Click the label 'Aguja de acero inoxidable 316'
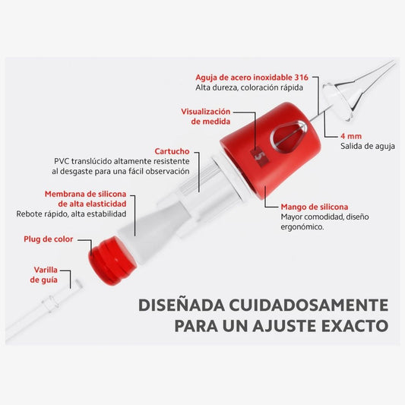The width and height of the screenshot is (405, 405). [252, 78]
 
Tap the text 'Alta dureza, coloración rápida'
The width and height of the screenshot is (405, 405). [249, 88]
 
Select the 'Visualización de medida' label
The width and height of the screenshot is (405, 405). [206, 116]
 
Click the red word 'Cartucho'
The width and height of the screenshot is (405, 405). [172, 151]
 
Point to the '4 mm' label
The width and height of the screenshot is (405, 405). [351, 136]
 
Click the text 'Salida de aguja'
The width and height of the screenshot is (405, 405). [368, 146]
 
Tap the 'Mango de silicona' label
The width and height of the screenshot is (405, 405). [315, 207]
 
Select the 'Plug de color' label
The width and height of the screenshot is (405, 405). [49, 239]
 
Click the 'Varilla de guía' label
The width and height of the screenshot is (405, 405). [44, 275]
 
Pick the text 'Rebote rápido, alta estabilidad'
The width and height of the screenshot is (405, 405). [71, 214]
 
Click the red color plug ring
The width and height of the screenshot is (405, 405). [112, 261]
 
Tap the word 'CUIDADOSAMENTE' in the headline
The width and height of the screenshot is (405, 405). [308, 305]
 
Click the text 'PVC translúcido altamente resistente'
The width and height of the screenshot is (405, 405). [122, 161]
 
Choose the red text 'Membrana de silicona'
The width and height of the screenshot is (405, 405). [86, 194]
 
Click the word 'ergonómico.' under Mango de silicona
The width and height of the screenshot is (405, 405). [302, 227]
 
